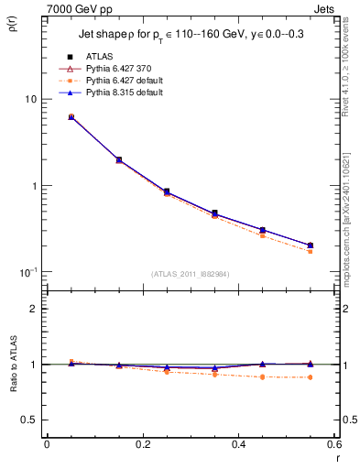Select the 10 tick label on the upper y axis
[x=29, y=99]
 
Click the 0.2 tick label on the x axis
[x=142, y=444]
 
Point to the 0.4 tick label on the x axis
[x=238, y=444]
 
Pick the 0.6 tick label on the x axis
[x=333, y=444]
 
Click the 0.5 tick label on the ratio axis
[x=29, y=420]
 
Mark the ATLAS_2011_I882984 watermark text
[x=190, y=274]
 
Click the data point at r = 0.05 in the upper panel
[x=71, y=117]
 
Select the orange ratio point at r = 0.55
[x=310, y=377]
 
